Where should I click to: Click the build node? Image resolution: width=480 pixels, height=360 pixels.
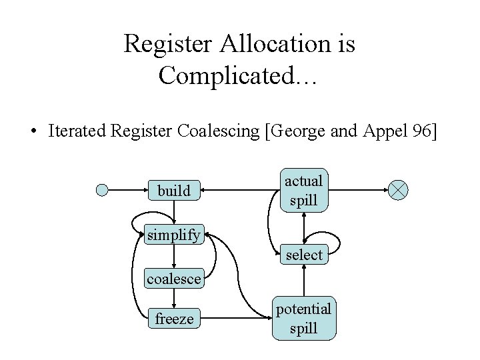pyautogui.click(x=174, y=191)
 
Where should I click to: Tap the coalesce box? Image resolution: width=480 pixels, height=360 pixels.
pyautogui.click(x=173, y=279)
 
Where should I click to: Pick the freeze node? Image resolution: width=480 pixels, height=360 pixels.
pyautogui.click(x=174, y=319)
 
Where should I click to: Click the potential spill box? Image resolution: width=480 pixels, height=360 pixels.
pyautogui.click(x=303, y=319)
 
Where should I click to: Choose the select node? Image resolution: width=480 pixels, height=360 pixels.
pyautogui.click(x=304, y=255)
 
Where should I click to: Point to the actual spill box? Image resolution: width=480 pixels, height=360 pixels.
pyautogui.click(x=303, y=190)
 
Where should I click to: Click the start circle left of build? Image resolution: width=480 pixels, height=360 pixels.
pyautogui.click(x=102, y=191)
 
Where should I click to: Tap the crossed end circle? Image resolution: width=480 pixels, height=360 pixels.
pyautogui.click(x=399, y=191)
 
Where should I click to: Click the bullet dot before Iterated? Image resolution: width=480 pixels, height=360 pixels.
pyautogui.click(x=33, y=131)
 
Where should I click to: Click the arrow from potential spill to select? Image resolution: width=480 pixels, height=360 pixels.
pyautogui.click(x=303, y=281)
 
